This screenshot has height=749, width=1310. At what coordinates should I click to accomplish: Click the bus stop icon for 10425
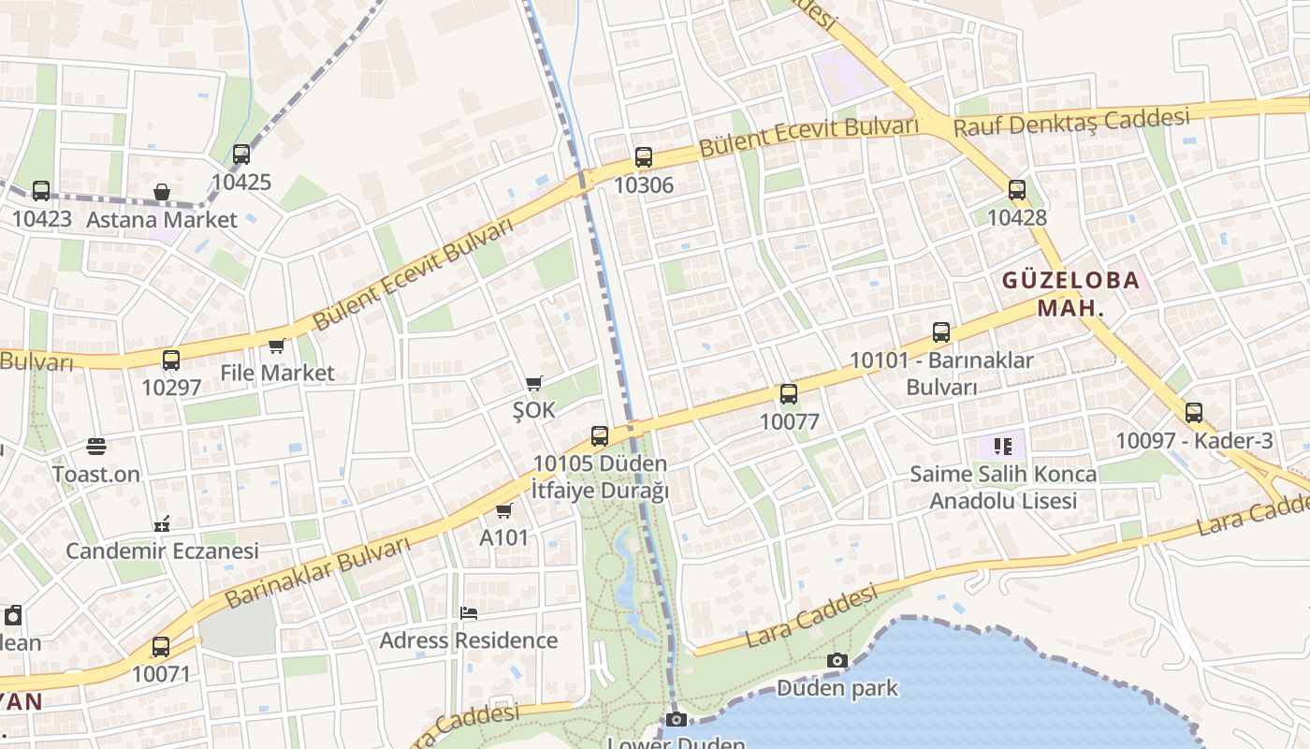point(241,154)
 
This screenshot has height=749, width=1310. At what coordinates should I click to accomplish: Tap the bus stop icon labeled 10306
point(644,157)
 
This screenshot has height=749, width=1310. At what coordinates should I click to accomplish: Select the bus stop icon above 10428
point(1017,190)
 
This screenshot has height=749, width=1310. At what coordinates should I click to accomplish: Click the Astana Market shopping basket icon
point(162,193)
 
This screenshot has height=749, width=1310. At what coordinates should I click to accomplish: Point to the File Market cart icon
point(276,346)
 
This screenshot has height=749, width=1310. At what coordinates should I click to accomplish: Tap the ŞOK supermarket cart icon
point(533,383)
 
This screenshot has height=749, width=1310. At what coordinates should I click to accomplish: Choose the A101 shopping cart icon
point(504,510)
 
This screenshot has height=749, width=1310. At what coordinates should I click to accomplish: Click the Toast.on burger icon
point(96,447)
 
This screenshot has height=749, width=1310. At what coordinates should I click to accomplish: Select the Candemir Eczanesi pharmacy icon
point(162,523)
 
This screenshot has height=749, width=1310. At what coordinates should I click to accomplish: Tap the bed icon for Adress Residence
point(469,613)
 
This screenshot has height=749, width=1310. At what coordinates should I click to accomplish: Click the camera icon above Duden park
point(837,660)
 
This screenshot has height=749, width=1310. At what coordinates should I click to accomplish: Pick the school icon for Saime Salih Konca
point(1003,447)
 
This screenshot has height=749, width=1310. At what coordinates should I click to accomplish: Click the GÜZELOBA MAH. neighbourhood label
point(1071,293)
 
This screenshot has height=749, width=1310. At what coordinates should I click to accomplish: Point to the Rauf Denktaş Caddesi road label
point(1071,122)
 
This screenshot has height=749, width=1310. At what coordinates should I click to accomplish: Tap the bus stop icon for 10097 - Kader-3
point(1194,413)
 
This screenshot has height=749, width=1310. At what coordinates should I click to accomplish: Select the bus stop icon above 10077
point(789,394)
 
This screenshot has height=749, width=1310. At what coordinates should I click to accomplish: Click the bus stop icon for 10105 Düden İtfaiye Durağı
point(600,436)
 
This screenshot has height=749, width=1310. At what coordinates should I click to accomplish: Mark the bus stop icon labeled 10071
point(161,647)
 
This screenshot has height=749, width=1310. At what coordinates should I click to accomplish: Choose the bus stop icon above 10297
point(171,360)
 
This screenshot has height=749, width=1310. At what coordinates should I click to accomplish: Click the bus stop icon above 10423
point(41,191)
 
